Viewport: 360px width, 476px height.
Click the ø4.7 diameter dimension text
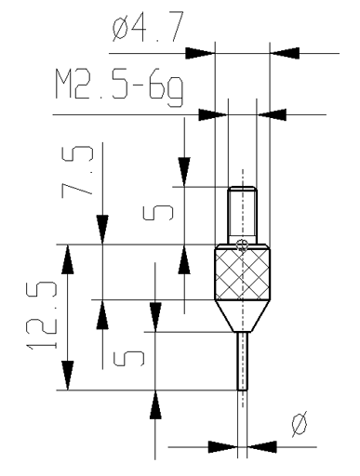pyautogui.click(x=148, y=26)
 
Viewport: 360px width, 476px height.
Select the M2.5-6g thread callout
pyautogui.click(x=119, y=87)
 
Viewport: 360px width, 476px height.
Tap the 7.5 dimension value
pyautogui.click(x=77, y=172)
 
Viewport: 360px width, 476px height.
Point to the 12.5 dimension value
pyautogui.click(x=42, y=315)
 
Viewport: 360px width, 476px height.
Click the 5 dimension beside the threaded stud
pyautogui.click(x=158, y=213)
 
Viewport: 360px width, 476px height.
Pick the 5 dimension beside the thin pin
pyautogui.click(x=128, y=358)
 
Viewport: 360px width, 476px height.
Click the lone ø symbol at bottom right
pyautogui.click(x=300, y=424)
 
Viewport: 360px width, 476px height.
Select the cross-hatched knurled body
pyautogui.click(x=243, y=272)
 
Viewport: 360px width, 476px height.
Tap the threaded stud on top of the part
pyautogui.click(x=242, y=215)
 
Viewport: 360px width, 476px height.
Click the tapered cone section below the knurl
pyautogui.click(x=243, y=316)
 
